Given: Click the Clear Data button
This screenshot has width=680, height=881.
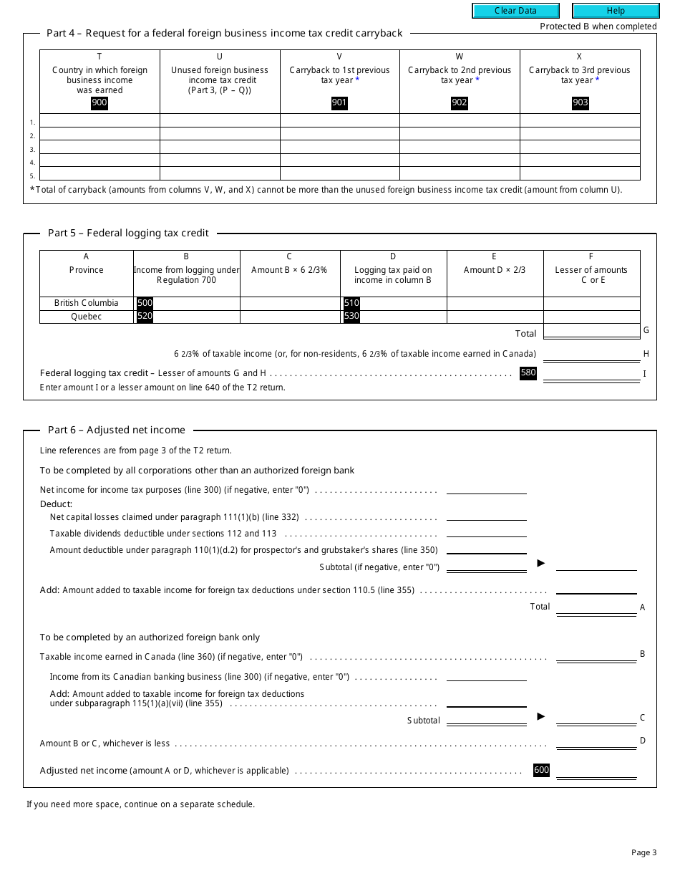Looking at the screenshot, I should [x=515, y=11].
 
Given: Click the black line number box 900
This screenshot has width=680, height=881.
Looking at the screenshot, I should [x=99, y=102].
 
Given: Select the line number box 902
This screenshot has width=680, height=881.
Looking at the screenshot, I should [x=460, y=102].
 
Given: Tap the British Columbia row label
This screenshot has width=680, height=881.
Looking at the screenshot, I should [x=87, y=303].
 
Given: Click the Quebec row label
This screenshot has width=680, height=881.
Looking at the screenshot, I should [x=87, y=317].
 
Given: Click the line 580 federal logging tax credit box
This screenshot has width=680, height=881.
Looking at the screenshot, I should [x=528, y=373].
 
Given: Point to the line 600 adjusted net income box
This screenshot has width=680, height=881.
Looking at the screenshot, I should [x=541, y=771].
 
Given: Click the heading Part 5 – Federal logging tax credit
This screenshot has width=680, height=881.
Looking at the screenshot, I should [x=128, y=233].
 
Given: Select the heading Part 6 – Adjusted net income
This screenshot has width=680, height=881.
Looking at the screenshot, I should [x=117, y=430].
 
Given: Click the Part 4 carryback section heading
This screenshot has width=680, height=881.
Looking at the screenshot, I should [x=225, y=33].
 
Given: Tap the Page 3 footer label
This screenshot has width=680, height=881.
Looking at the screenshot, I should [x=643, y=852].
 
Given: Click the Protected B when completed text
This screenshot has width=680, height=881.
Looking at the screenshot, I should [x=598, y=27].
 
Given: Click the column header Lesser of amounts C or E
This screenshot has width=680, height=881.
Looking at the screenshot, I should [x=591, y=275].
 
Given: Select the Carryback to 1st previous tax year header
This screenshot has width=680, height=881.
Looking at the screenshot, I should [x=339, y=75].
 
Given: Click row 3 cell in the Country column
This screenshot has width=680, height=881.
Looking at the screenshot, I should [x=99, y=147].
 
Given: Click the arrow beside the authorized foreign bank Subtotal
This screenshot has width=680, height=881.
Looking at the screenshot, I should [x=541, y=716].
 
